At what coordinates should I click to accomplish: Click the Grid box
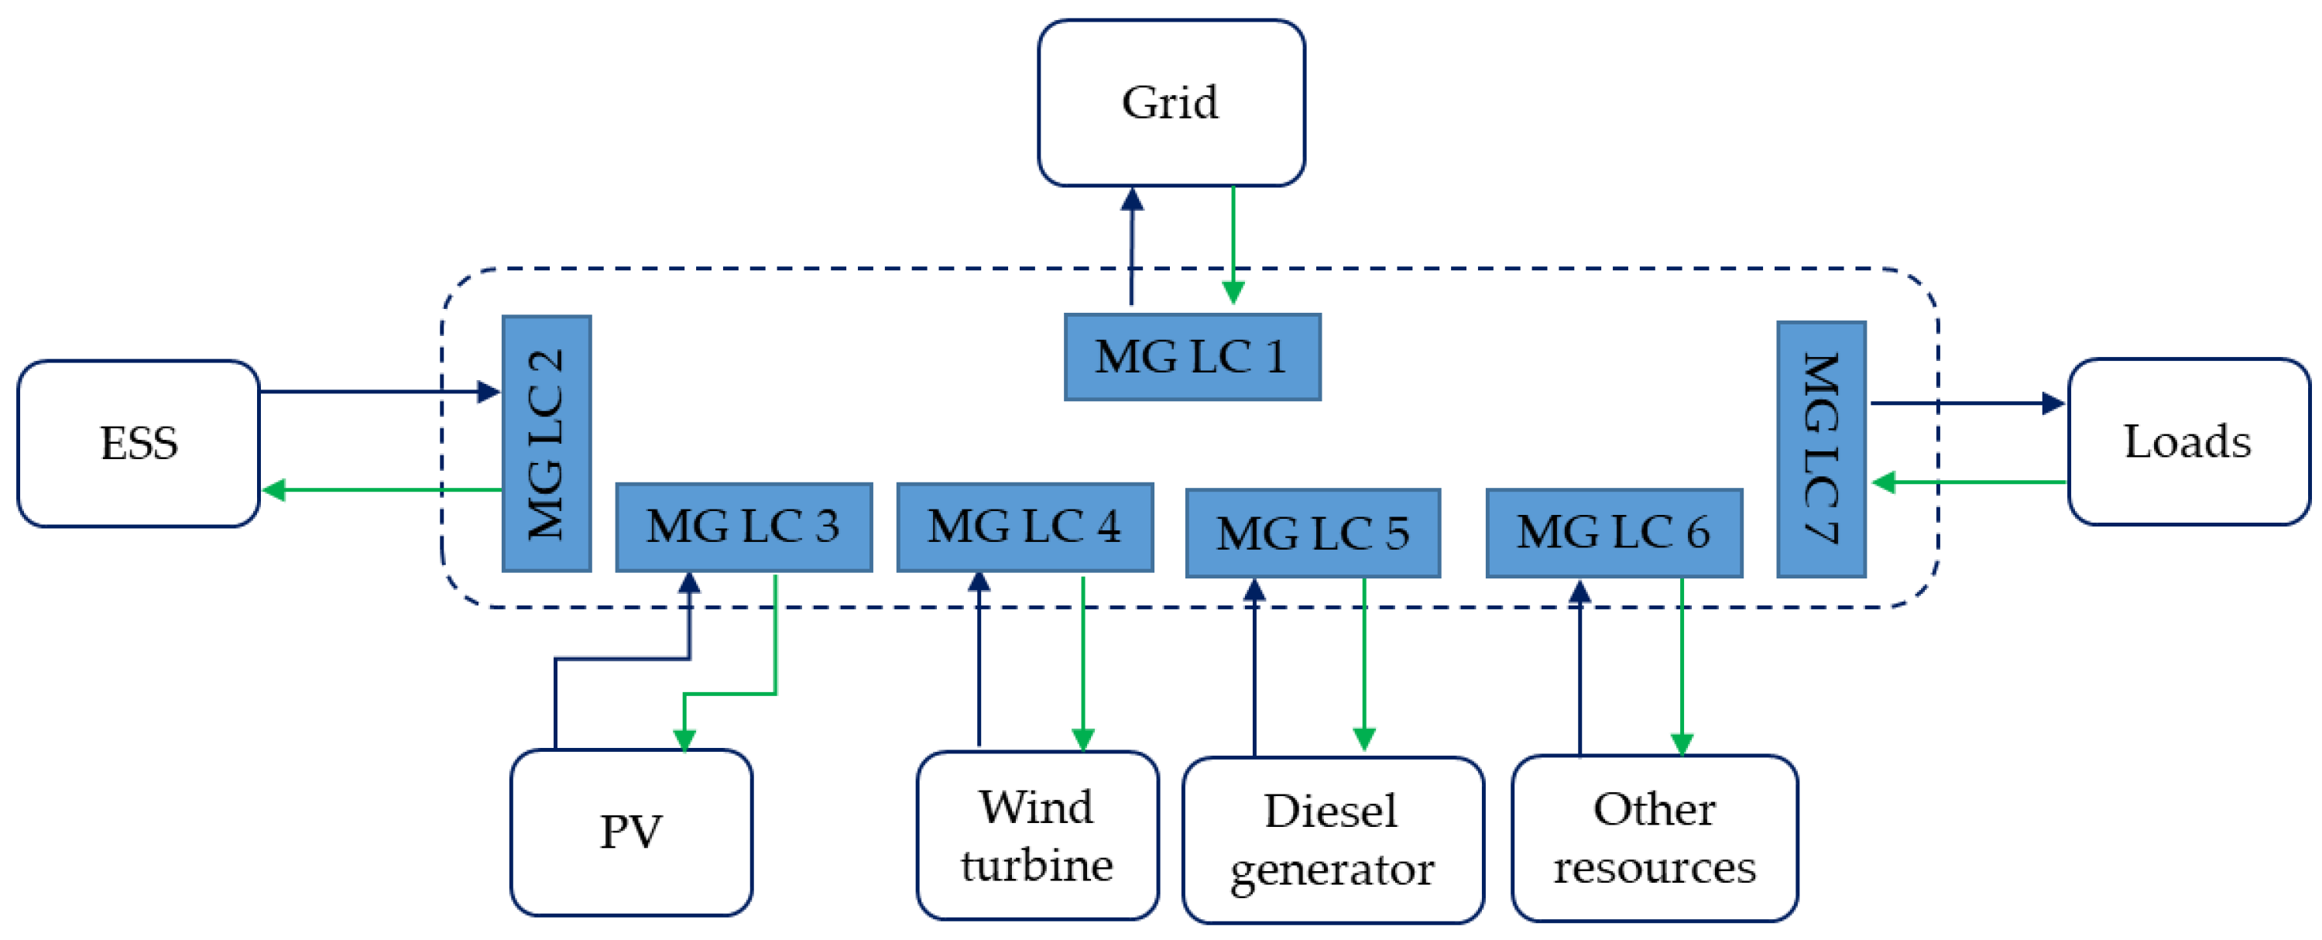[x=1170, y=103]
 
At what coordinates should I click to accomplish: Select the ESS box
[x=139, y=442]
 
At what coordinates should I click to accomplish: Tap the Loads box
[x=2188, y=441]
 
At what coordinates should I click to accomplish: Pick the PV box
[x=631, y=831]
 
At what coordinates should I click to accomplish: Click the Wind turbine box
[x=1037, y=835]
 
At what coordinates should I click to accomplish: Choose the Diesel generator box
[x=1332, y=839]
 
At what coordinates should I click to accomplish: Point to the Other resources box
[x=1654, y=837]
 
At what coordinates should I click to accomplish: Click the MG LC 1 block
[x=1192, y=357]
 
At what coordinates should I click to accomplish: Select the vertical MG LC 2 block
[x=547, y=444]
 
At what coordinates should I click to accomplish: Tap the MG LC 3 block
[x=743, y=527]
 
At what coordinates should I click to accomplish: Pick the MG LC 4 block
[x=1025, y=527]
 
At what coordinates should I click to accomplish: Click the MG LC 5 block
[x=1312, y=533]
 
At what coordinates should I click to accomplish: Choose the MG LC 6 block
[x=1614, y=533]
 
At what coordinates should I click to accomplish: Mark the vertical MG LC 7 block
[x=1821, y=449]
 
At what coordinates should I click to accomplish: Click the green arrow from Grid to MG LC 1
[x=1233, y=243]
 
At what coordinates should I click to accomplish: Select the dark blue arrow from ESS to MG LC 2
[x=379, y=391]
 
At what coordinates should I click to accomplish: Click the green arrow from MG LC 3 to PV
[x=775, y=649]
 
